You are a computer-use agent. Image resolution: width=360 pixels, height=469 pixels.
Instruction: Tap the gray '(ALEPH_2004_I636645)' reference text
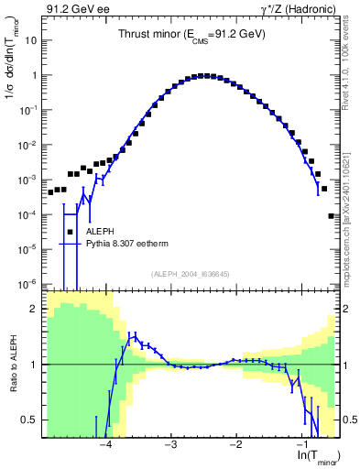[x=191, y=274]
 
